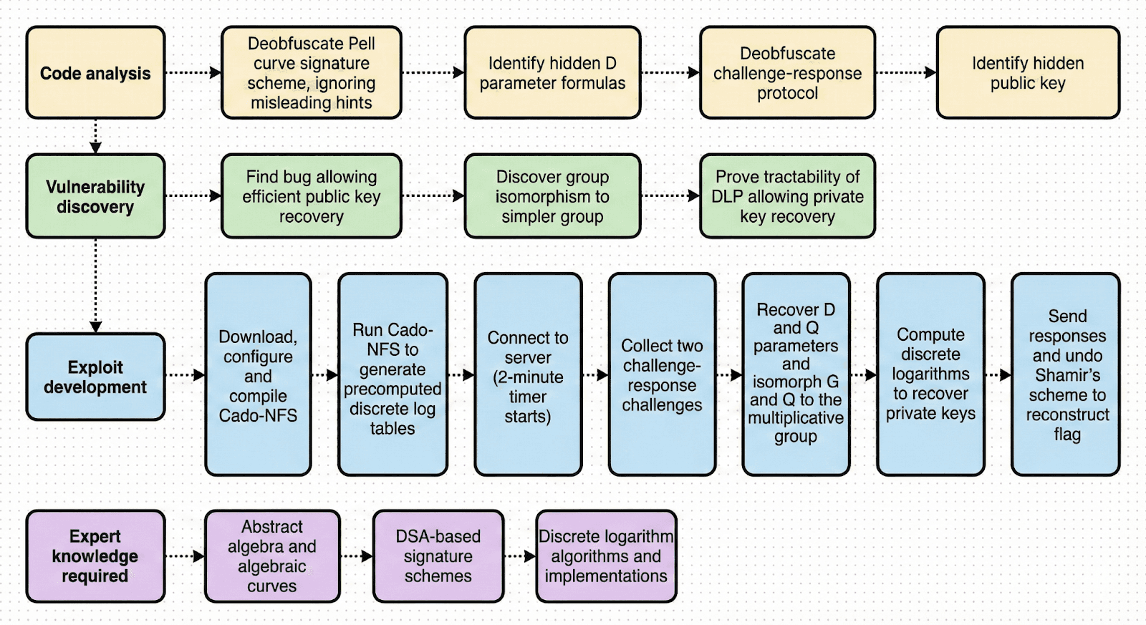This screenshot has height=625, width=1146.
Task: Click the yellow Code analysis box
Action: [95, 73]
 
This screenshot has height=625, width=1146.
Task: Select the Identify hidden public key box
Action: [1028, 73]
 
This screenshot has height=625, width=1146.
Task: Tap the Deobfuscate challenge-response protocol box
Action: [787, 73]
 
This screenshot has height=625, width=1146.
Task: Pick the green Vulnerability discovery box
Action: [95, 196]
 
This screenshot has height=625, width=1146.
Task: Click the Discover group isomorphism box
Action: [552, 196]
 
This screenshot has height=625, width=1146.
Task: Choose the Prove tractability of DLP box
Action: [787, 196]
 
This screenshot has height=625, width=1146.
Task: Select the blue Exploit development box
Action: [95, 377]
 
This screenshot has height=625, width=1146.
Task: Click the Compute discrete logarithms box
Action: [930, 374]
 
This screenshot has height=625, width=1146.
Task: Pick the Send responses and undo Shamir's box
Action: [1066, 374]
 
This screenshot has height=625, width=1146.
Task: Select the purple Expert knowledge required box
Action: [95, 556]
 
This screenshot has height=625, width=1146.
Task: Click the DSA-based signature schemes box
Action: [438, 556]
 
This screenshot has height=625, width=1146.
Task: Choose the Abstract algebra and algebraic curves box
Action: [272, 556]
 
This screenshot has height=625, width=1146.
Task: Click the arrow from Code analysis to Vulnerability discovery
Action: [95, 136]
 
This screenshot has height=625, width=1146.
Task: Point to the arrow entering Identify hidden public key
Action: [906, 72]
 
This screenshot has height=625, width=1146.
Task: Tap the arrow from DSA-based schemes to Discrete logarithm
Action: [520, 556]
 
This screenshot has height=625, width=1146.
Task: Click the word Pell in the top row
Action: [362, 44]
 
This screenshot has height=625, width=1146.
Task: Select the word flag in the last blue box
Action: [1066, 434]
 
